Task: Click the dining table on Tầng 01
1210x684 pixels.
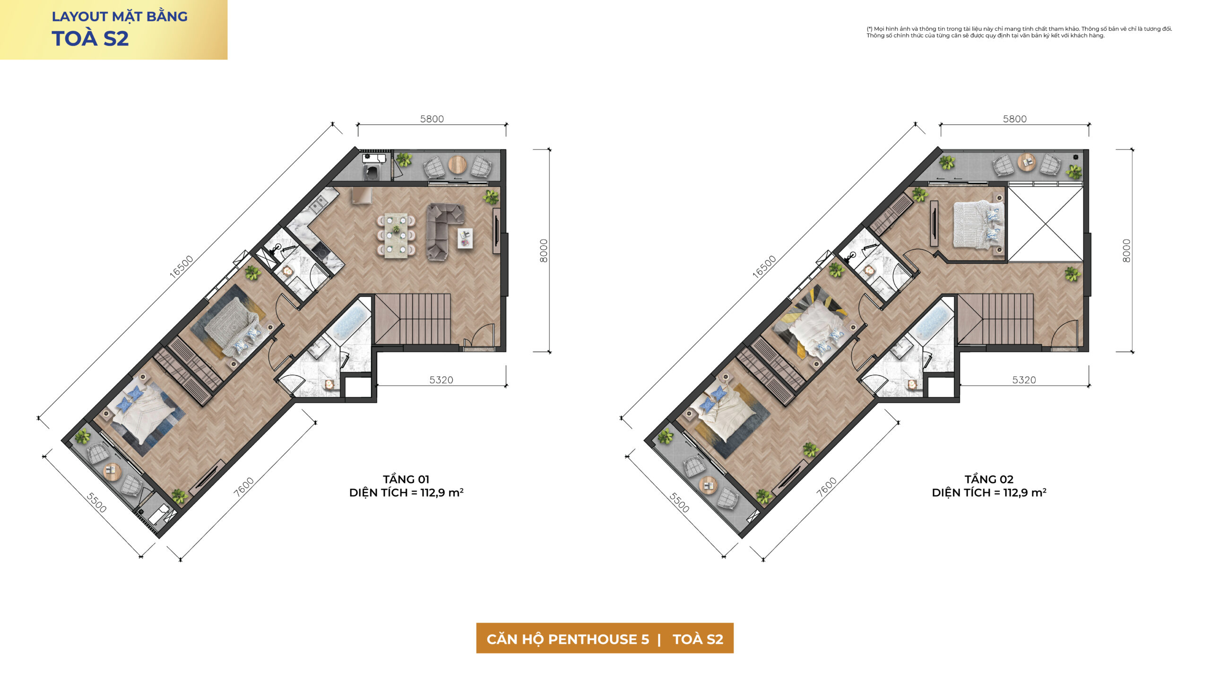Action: (x=396, y=236)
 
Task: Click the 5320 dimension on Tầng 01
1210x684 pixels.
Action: (x=441, y=380)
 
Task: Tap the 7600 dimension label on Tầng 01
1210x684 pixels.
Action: (x=244, y=486)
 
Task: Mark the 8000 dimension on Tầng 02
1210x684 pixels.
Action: (x=1126, y=251)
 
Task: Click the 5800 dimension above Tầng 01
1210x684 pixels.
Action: (x=432, y=119)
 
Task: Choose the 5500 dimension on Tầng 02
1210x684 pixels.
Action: (x=679, y=502)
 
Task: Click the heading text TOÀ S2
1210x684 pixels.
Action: (x=90, y=39)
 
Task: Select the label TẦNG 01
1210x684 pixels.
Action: (x=406, y=479)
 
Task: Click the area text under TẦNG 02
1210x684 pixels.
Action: (x=989, y=493)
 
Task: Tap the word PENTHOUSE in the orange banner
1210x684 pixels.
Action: (x=598, y=639)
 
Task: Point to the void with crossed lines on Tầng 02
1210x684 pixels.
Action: (x=1045, y=224)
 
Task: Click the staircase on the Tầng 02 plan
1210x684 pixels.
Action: (x=995, y=319)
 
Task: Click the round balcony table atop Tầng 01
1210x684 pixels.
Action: (x=457, y=164)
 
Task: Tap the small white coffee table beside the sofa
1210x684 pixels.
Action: (x=465, y=238)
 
